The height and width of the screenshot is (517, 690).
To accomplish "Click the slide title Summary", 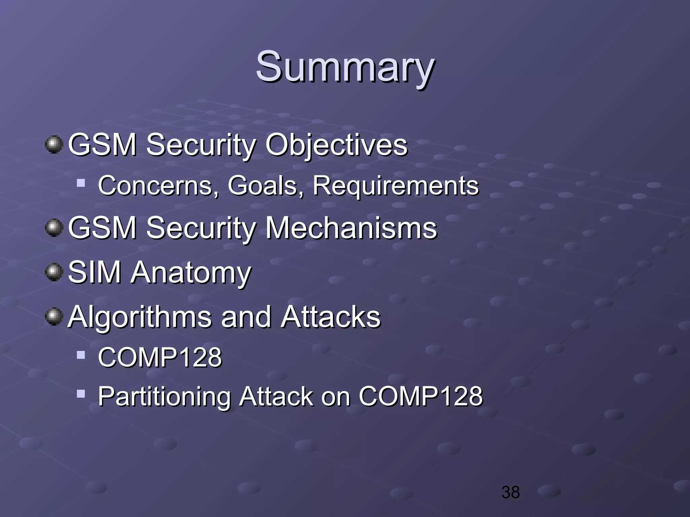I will pos(345,67).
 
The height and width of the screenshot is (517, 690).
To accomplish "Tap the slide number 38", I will pos(510,492).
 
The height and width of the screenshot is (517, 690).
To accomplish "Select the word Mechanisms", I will pos(351,228).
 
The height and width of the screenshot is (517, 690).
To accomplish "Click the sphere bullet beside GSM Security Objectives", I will pos(54,145).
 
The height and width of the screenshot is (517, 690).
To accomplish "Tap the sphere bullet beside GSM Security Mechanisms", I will pos(54,228).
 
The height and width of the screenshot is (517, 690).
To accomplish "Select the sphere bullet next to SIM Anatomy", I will pos(54,272).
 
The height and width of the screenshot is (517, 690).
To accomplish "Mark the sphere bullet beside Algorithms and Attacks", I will pos(54,316).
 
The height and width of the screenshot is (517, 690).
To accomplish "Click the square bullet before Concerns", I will pos(81,183).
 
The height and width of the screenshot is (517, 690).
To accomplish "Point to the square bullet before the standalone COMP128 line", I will pos(81,355).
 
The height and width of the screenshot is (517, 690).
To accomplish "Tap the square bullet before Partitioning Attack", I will pos(81,394).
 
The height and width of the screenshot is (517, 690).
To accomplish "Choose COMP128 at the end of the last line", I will pos(420,396).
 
